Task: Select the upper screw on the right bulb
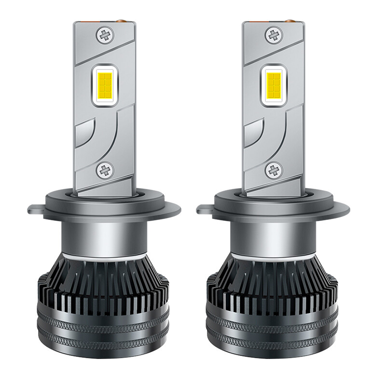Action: (274, 35)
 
